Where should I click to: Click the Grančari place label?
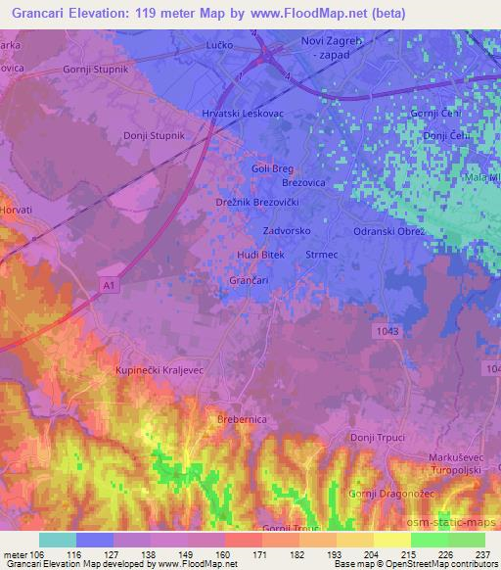pos(249,281)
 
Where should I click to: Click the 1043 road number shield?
pos(387,332)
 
